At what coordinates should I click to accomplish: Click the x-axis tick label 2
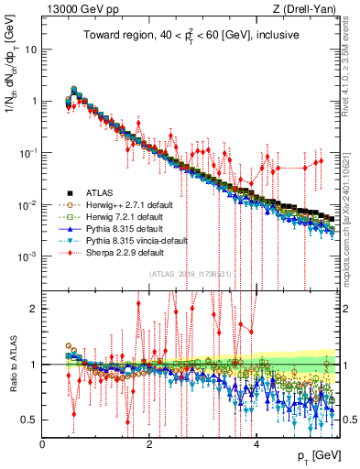click(x=149, y=444)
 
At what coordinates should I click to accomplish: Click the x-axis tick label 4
click(x=256, y=444)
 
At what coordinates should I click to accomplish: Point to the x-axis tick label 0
click(x=42, y=444)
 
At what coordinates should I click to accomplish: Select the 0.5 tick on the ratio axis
click(x=30, y=420)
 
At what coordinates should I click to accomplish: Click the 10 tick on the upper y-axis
click(x=30, y=49)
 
